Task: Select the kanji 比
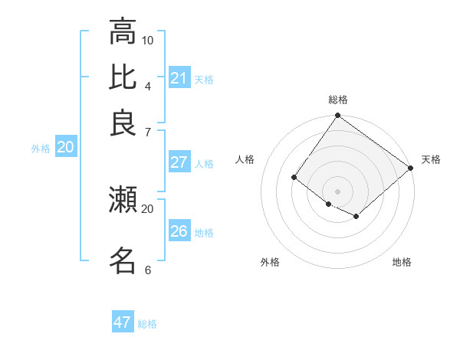coord(123,77)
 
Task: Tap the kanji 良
coord(123,123)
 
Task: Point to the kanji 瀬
coord(123,200)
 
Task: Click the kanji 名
coord(123,260)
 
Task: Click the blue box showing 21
coord(179,78)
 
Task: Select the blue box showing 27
coord(179,162)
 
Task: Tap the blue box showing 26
coord(179,231)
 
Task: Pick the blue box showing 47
coord(123,322)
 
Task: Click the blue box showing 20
coord(65,148)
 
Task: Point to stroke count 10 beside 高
coord(148,40)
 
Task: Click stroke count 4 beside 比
coord(148,85)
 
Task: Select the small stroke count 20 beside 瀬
coord(147,208)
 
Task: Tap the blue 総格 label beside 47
coord(147,324)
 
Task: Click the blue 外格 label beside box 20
coord(41,149)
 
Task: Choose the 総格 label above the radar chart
coord(337,100)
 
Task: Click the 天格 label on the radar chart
coord(431,159)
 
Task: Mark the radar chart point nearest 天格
coord(411,169)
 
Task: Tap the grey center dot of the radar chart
coord(337,191)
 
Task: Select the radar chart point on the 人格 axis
coord(294,178)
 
